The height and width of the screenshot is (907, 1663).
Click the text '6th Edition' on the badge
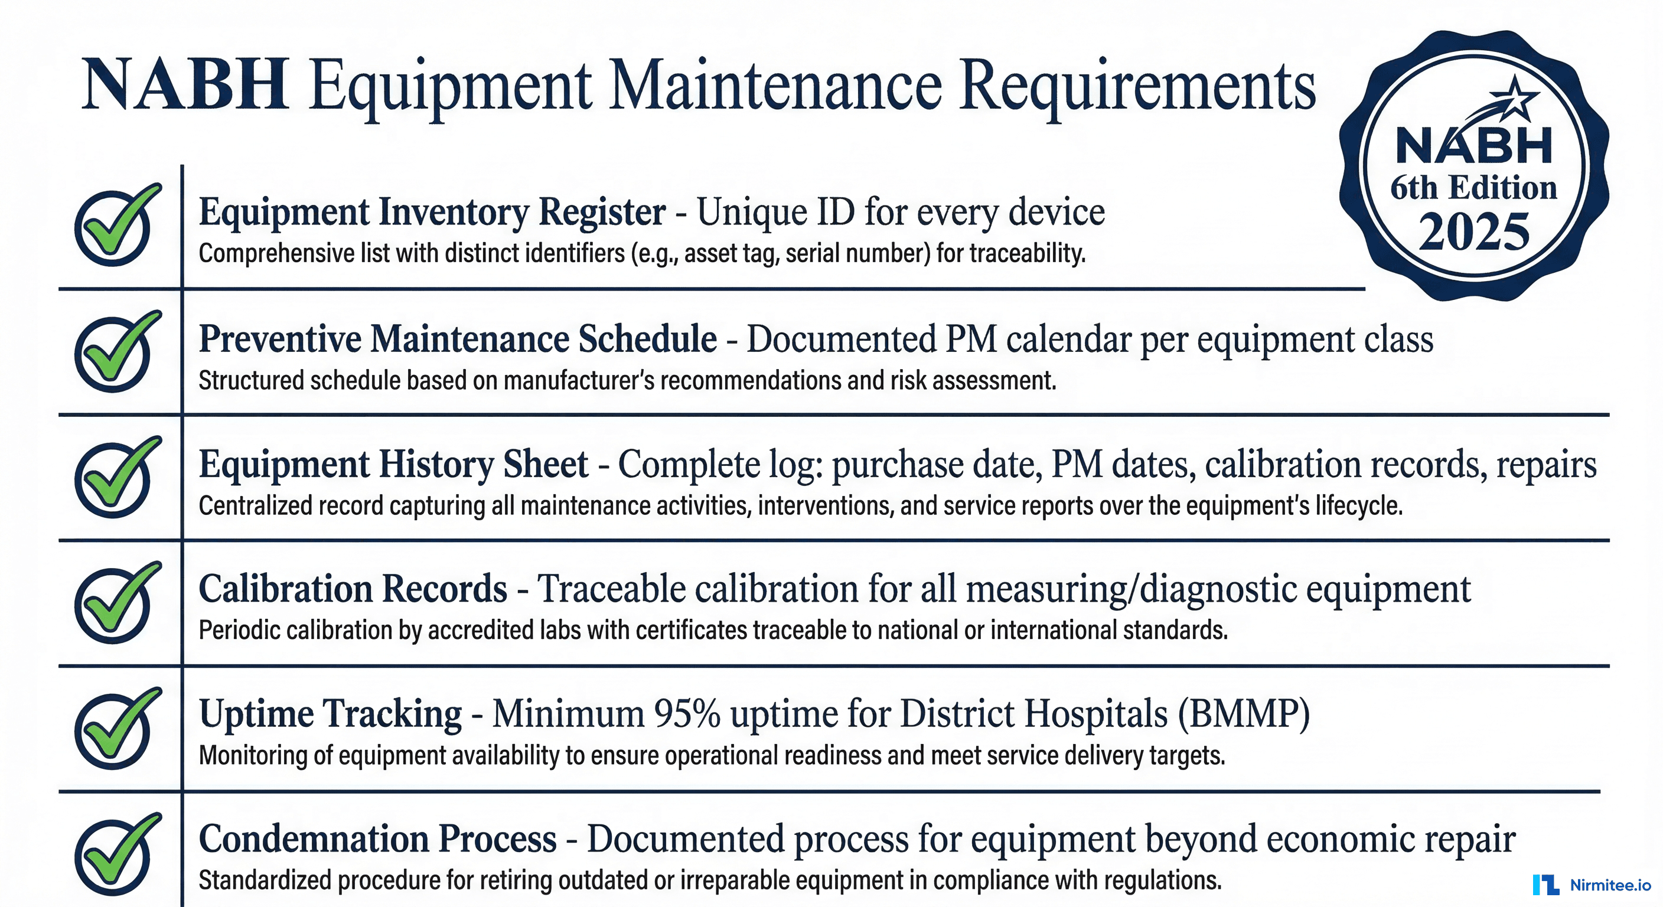(1474, 188)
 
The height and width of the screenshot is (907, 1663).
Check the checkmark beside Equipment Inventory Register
(115, 226)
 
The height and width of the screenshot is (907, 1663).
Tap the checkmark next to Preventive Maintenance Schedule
(115, 353)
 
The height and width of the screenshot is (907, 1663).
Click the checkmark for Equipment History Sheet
(115, 478)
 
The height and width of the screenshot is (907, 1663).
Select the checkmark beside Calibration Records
(115, 603)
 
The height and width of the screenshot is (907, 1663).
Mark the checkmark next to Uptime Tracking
(115, 729)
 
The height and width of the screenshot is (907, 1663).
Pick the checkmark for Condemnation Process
(115, 856)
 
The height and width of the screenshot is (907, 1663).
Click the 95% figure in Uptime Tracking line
(687, 714)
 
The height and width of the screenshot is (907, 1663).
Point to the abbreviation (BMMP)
(1243, 714)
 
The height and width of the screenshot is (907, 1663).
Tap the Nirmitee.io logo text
(1610, 885)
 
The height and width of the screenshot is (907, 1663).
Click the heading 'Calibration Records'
(353, 589)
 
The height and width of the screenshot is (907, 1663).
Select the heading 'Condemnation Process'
(378, 839)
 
